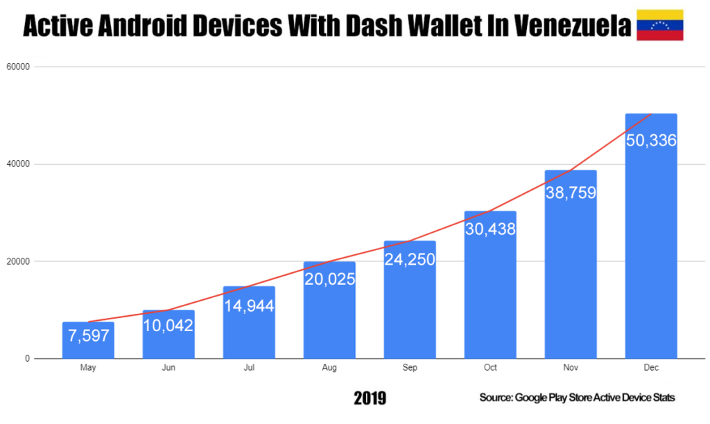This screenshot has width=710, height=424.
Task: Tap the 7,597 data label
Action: [x=88, y=336]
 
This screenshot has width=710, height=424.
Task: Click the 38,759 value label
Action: [x=571, y=193]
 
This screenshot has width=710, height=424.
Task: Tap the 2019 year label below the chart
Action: [x=370, y=398]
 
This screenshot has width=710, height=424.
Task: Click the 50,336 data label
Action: [x=651, y=140]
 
